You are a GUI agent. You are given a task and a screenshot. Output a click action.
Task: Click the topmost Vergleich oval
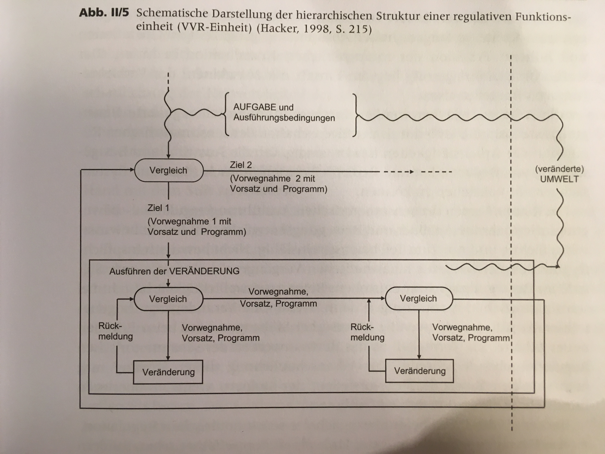169,171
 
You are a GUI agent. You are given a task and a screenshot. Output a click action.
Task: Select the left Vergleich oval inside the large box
168,299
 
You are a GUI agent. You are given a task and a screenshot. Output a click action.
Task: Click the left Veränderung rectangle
168,372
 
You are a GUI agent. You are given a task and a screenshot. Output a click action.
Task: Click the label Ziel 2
241,165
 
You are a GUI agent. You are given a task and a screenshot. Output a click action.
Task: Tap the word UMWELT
559,179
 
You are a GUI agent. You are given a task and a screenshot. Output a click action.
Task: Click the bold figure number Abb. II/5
104,13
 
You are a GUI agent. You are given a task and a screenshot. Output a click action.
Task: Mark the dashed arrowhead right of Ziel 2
411,172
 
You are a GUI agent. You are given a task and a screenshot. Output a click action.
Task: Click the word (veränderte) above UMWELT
559,169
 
